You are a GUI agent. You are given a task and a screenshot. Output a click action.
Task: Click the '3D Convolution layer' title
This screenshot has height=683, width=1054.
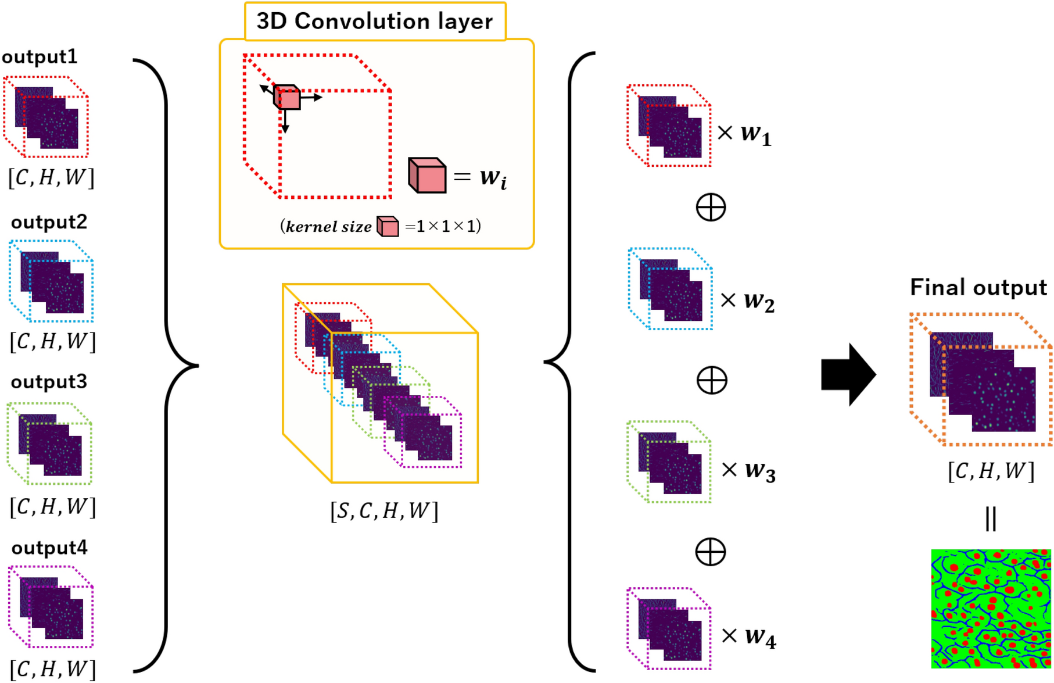pos(374,22)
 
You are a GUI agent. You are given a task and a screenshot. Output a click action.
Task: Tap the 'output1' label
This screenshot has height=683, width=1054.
pos(40,57)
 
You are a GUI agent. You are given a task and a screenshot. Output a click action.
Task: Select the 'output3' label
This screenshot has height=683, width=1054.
pos(49,382)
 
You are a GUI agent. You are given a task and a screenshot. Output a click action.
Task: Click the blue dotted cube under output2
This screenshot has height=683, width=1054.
pos(51,281)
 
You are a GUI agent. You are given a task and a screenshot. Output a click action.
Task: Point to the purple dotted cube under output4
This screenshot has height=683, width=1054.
pos(51,607)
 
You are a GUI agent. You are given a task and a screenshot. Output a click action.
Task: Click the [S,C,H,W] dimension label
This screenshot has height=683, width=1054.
pos(384,511)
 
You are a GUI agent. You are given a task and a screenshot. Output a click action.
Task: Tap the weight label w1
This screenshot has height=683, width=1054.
pos(755,134)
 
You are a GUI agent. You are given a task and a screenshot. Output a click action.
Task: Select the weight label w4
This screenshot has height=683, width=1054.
pos(760,636)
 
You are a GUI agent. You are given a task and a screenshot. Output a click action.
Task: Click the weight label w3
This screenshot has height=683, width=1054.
pos(760,470)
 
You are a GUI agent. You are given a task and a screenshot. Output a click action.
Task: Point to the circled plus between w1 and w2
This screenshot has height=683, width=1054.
pos(711,207)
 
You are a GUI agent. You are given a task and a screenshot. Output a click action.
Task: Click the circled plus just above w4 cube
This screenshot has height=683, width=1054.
pos(711,551)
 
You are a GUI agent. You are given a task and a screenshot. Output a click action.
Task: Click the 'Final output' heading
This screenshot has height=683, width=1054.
pos(978,287)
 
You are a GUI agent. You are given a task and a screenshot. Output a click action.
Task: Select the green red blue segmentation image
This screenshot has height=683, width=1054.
pos(991,609)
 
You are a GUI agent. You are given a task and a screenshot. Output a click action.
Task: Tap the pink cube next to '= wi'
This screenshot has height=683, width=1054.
pos(427,175)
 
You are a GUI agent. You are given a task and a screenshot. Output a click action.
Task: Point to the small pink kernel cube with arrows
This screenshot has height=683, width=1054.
pos(287,98)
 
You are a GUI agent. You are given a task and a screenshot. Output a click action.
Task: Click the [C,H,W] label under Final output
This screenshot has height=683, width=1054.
pos(991,471)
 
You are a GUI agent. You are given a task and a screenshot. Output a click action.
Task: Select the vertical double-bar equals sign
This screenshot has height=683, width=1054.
pos(991,518)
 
